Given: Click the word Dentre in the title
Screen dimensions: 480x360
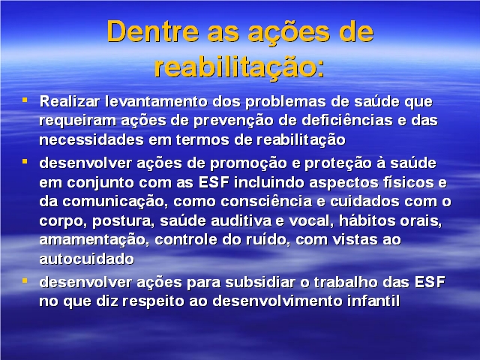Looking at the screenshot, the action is coord(153,31).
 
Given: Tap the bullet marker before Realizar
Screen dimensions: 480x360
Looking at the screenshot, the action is coord(25,100).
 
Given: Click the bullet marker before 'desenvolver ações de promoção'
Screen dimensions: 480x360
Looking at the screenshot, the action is coord(25,161).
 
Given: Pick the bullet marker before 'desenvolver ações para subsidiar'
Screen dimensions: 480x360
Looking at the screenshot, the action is coord(25,280).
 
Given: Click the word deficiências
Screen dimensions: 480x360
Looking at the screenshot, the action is coord(346,120).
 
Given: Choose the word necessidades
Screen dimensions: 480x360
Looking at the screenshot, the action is coord(91,140).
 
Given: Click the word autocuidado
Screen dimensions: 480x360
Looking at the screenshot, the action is coord(87,259).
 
